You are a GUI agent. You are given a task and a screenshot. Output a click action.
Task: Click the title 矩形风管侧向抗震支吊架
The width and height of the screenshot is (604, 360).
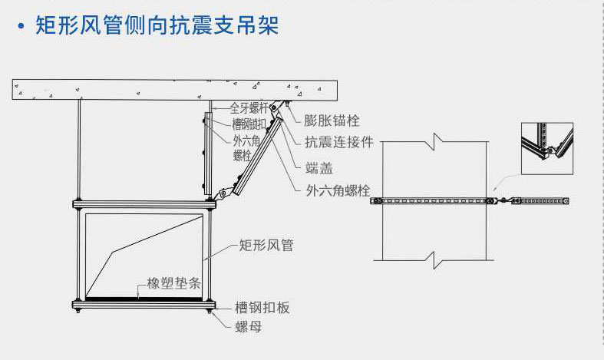tap(157, 27)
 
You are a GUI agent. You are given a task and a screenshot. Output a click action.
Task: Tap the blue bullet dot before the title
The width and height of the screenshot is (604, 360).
tap(20, 28)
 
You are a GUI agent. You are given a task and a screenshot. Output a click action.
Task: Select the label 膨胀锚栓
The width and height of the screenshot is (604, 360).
tap(332, 121)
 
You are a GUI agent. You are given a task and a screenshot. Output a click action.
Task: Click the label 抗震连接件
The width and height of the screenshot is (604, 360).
tap(339, 142)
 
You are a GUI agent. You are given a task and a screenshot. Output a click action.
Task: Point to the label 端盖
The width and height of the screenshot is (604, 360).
tap(318, 166)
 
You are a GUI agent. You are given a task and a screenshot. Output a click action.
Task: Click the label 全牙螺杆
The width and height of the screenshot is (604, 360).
tap(249, 109)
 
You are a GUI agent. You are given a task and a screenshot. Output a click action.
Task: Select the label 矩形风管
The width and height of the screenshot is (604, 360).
tap(266, 246)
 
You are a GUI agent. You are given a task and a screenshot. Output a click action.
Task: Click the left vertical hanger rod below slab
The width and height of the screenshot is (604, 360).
tap(80, 150)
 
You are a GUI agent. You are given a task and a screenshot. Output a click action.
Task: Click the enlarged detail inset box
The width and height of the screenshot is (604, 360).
tap(547, 147)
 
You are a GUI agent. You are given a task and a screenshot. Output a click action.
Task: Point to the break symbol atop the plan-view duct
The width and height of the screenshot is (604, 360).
tap(434, 140)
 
